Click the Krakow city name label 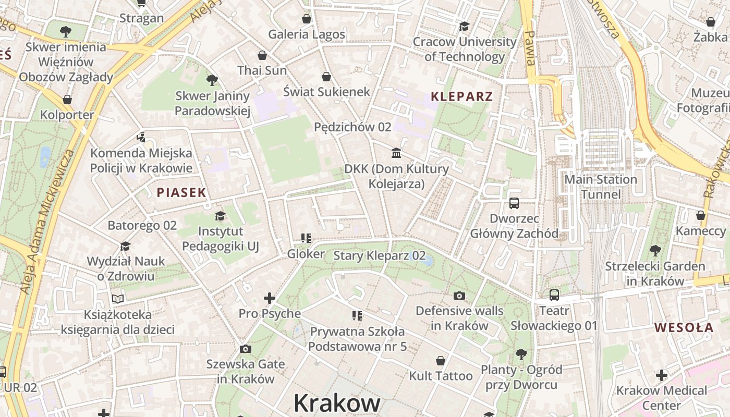pyautogui.click(x=337, y=403)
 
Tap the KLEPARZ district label pyautogui.click(x=461, y=96)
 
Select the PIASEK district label pyautogui.click(x=181, y=192)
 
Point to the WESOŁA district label pyautogui.click(x=684, y=328)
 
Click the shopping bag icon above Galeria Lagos pyautogui.click(x=307, y=19)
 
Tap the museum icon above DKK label pyautogui.click(x=396, y=153)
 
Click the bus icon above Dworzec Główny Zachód pyautogui.click(x=514, y=203)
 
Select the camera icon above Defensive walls pyautogui.click(x=459, y=296)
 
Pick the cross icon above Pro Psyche pyautogui.click(x=270, y=298)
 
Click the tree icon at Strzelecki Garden pyautogui.click(x=655, y=251)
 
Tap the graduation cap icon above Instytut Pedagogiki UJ pyautogui.click(x=221, y=216)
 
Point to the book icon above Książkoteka pyautogui.click(x=118, y=299)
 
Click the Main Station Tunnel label pyautogui.click(x=601, y=187)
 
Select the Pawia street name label pyautogui.click(x=530, y=48)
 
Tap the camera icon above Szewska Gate pyautogui.click(x=246, y=349)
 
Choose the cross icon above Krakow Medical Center pyautogui.click(x=661, y=375)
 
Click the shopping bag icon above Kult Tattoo pyautogui.click(x=441, y=361)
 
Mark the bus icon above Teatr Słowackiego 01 pyautogui.click(x=554, y=295)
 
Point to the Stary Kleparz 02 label pyautogui.click(x=379, y=256)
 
